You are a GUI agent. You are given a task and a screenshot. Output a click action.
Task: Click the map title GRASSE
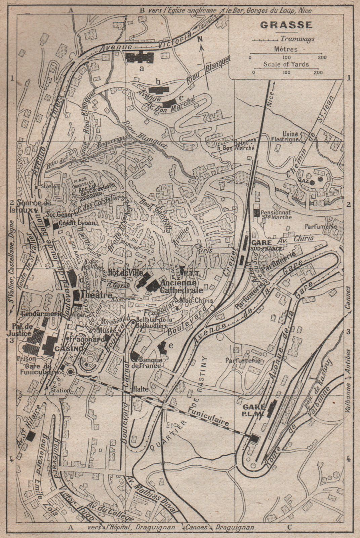286,25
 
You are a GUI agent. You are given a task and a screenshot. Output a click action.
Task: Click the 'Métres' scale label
286,49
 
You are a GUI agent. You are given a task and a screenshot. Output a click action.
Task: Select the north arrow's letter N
200,39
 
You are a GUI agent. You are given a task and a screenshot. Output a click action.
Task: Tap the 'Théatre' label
96,295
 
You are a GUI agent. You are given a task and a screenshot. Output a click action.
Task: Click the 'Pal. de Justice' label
21,330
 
